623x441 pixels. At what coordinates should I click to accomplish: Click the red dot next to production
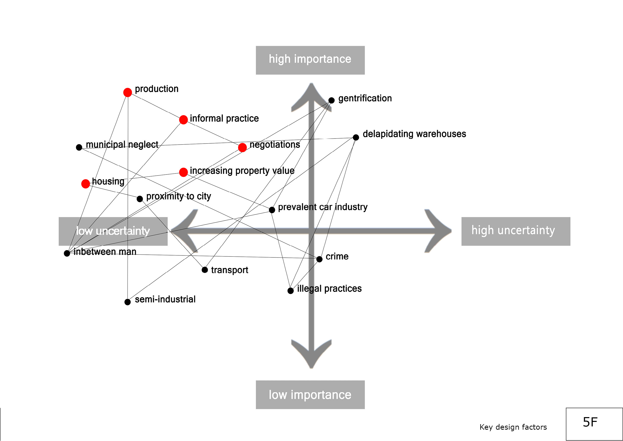[x=128, y=92]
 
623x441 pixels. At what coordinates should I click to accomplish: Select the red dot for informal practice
[x=183, y=120]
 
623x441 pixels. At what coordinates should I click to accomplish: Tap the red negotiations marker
[x=242, y=148]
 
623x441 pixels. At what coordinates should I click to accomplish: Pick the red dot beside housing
[x=85, y=184]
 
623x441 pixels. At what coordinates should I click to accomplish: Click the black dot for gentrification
[x=331, y=100]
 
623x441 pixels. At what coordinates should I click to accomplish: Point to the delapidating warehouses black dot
[x=356, y=138]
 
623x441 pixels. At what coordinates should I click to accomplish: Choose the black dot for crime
[x=319, y=259]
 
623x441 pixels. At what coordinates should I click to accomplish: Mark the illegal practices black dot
[x=290, y=291]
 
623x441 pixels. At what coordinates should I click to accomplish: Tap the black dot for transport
[x=205, y=270]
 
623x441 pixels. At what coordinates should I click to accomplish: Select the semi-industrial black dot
[x=128, y=302]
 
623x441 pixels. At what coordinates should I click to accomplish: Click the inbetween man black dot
[x=67, y=253]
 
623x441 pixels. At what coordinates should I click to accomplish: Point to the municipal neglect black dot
[x=79, y=147]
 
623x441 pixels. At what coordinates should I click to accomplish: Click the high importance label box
[x=310, y=60]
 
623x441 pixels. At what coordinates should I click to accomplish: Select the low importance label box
[x=310, y=394]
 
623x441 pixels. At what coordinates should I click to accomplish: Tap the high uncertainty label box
[x=516, y=231]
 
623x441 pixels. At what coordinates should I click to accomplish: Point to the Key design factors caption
[x=513, y=427]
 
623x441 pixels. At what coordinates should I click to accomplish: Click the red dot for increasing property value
[x=183, y=172]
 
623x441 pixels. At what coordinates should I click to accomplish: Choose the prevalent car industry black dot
[x=272, y=210]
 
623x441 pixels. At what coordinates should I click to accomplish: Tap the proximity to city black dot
[x=140, y=199]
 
